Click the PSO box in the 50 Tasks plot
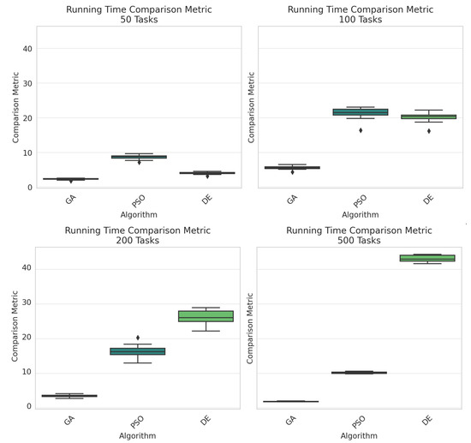pyautogui.click(x=138, y=157)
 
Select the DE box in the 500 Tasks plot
pyautogui.click(x=438, y=258)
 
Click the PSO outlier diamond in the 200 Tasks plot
pyautogui.click(x=138, y=338)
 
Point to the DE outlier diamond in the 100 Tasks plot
pyautogui.click(x=429, y=131)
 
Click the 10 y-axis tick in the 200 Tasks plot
pyautogui.click(x=27, y=372)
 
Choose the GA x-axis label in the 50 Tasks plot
pyautogui.click(x=71, y=202)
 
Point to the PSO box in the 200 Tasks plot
pyautogui.click(x=138, y=351)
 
